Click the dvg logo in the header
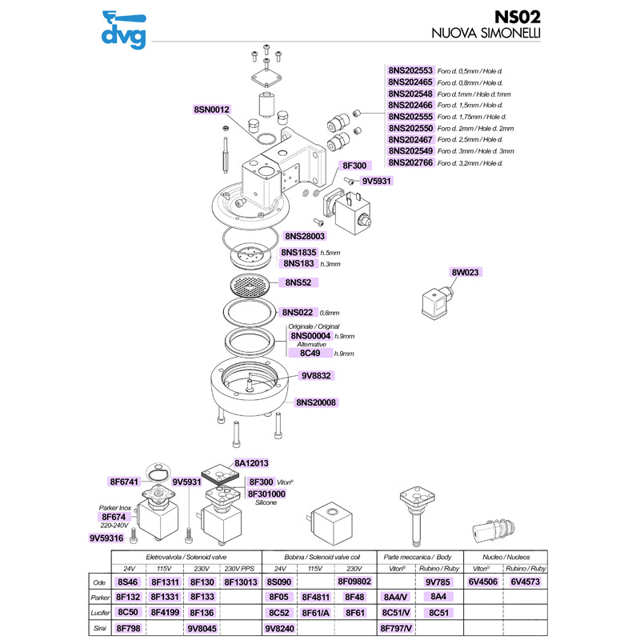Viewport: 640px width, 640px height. pos(124,30)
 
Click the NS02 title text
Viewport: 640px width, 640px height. pos(517,17)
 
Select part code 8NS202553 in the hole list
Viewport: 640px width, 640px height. pos(410,70)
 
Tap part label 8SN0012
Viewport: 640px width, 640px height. pos(211,110)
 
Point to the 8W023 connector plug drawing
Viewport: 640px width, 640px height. pos(437,302)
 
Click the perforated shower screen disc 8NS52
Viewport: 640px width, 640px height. pos(250,285)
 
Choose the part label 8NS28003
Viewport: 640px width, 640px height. pos(305,236)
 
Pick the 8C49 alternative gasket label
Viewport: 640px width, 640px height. pos(310,353)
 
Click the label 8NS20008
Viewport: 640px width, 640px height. pos(316,402)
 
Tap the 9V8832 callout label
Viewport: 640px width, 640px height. pos(316,375)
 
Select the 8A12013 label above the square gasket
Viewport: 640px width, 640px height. pos(251,463)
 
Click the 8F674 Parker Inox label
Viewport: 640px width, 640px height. pos(114,517)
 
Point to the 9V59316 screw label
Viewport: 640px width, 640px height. pos(106,538)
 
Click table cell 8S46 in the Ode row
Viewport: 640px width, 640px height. pos(128,582)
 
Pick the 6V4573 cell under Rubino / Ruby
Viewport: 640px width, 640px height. pos(525,582)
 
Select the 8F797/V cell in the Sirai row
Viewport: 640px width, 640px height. pos(396,628)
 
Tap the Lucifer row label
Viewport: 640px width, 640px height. pos(100,613)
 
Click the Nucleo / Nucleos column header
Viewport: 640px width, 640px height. pos(506,557)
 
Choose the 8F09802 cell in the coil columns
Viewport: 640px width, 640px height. pos(354,582)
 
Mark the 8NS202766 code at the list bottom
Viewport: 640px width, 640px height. pos(410,162)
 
